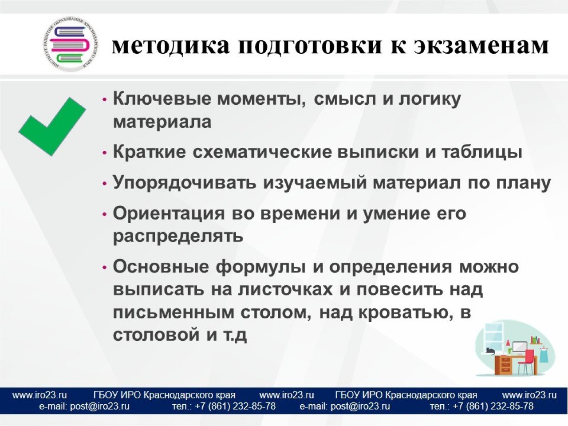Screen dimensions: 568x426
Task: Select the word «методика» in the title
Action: (170, 46)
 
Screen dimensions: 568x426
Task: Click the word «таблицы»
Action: (481, 153)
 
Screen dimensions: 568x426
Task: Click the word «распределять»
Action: (178, 237)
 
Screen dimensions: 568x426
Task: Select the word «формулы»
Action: (260, 267)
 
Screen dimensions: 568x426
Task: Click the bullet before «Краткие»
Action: (105, 153)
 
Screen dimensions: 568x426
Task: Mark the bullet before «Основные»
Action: (105, 268)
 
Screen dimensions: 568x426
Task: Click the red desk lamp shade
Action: (508, 343)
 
